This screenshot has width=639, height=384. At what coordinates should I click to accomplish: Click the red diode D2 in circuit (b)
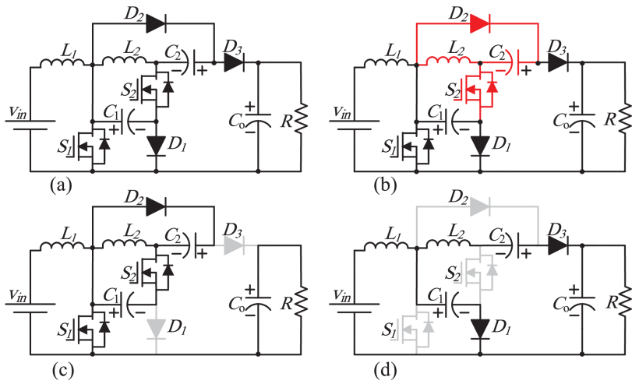coord(480,23)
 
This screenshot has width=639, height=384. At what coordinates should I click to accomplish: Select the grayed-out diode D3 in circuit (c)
coord(234,246)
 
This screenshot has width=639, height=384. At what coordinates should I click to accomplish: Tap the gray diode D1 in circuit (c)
coord(157,329)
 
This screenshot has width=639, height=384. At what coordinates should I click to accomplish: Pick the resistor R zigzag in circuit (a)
coord(302,118)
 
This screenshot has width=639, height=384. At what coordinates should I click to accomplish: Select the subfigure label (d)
coord(385,369)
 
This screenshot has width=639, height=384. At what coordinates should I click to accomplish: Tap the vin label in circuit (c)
coord(18,296)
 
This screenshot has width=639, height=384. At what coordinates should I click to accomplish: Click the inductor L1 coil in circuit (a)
coord(62,62)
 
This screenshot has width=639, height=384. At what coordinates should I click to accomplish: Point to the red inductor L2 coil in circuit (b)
coord(448,61)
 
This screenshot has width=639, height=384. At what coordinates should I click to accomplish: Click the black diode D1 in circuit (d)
coord(480,329)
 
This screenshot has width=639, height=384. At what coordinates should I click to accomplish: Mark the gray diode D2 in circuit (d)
coord(480,207)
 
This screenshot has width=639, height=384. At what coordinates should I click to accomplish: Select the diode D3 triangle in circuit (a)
coord(234,62)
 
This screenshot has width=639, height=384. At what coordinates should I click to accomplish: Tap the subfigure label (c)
coord(61,369)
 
